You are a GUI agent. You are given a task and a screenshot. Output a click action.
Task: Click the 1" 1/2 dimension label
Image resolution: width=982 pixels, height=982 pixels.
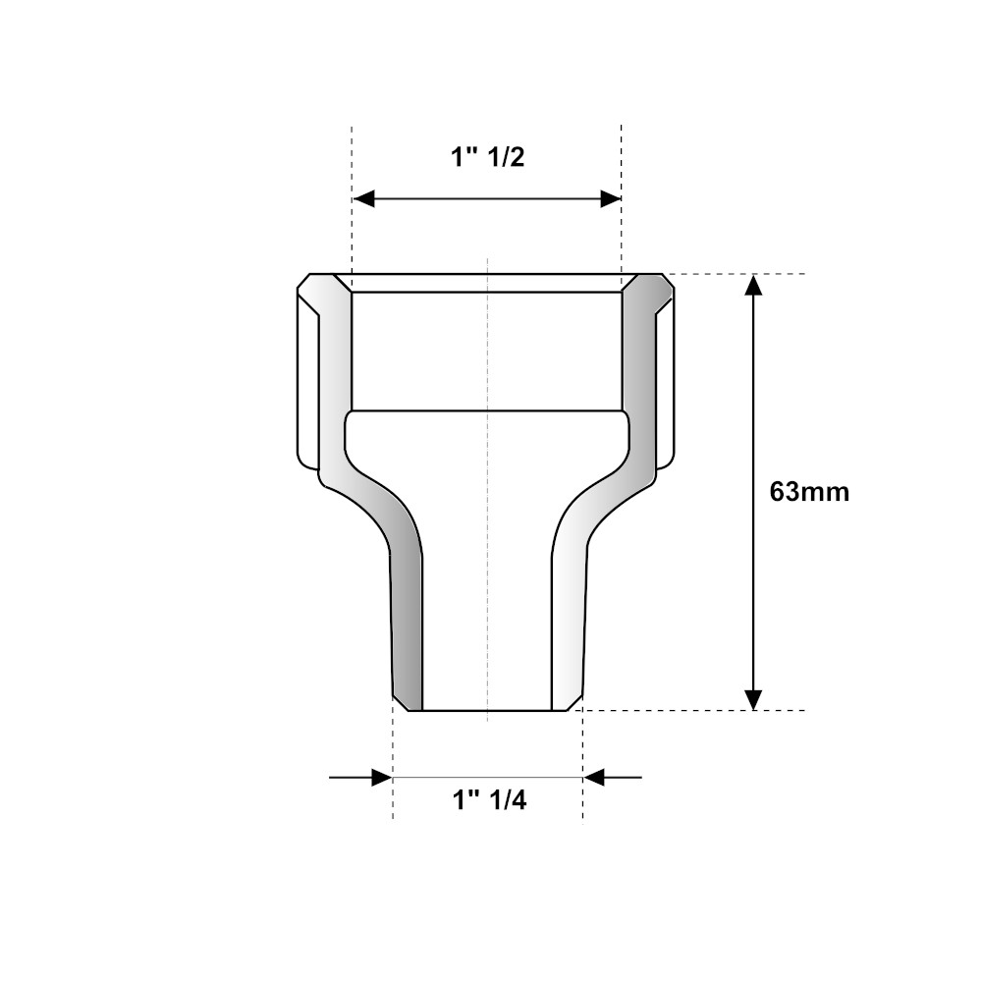point(488,157)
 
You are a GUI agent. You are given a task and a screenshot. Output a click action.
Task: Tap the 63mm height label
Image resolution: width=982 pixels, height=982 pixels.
point(808,491)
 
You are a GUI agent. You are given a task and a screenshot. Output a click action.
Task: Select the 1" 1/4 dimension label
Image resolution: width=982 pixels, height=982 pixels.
point(489,800)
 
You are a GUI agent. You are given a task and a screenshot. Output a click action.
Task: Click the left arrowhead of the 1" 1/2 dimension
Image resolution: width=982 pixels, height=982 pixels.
point(364,199)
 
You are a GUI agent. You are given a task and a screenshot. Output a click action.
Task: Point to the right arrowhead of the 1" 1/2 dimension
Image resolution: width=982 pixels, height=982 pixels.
point(610,199)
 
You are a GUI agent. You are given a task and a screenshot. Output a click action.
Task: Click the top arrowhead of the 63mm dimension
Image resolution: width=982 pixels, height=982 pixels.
point(752,286)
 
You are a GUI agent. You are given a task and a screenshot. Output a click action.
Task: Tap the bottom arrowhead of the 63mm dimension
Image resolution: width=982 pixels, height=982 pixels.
point(752,698)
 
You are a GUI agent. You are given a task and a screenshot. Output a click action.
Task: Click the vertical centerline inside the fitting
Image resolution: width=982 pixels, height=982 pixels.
point(488,589)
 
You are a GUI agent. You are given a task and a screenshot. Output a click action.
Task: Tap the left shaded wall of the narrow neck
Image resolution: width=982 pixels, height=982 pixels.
point(407,628)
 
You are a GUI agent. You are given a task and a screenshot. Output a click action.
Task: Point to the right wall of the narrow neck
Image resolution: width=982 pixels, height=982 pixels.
point(569,628)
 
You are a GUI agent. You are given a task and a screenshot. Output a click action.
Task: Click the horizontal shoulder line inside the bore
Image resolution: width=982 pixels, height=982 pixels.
point(487,409)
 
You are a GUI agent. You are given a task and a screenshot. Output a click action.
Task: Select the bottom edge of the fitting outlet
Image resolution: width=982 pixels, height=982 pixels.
point(488,710)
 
